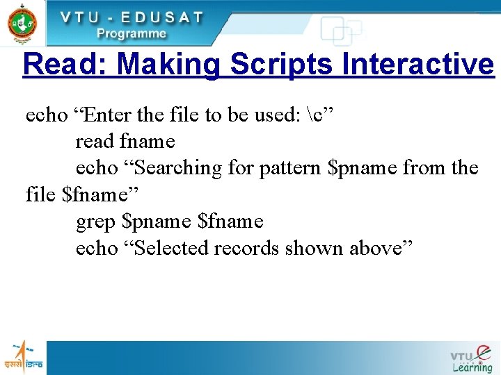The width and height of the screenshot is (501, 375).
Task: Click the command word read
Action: pos(95,142)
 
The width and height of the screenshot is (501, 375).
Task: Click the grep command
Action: pos(96,222)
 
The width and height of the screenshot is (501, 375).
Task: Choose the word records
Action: pos(247,248)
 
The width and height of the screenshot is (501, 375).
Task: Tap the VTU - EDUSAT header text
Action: pos(132,17)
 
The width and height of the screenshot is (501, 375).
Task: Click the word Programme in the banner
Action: pos(132,33)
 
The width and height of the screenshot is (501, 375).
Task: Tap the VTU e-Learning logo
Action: pos(471,358)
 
